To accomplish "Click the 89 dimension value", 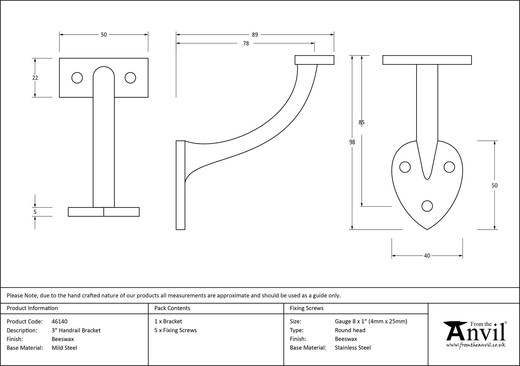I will [x=255, y=35].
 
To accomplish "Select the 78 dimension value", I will [x=246, y=43].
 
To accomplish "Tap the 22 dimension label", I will [x=35, y=78].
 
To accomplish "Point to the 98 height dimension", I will [x=352, y=142].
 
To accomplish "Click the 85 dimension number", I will [x=361, y=122].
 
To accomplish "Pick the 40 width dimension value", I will [x=427, y=256].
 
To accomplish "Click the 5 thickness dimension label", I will [x=35, y=212].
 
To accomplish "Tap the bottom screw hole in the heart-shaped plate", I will [x=427, y=206].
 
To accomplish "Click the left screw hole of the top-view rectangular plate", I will [x=77, y=78].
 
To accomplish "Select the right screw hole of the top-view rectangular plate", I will [x=130, y=78].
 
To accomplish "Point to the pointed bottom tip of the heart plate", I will [x=427, y=229].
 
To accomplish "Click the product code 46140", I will [x=60, y=321].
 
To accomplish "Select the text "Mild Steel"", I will [x=64, y=348].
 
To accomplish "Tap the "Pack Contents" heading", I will [x=172, y=308].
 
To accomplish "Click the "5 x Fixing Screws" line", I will [x=175, y=330].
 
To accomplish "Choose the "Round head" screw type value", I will [x=350, y=330].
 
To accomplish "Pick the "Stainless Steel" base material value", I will [x=353, y=348].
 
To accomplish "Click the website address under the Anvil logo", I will [x=476, y=345].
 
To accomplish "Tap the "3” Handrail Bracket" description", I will [x=76, y=330].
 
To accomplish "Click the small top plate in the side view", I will [x=314, y=60].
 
